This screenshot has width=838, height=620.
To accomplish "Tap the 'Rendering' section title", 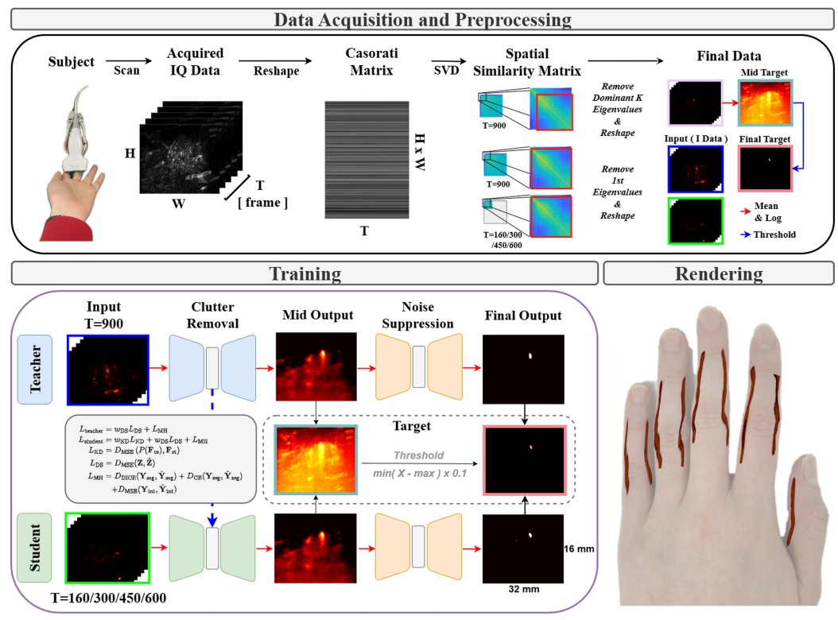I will pos(720,273).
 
